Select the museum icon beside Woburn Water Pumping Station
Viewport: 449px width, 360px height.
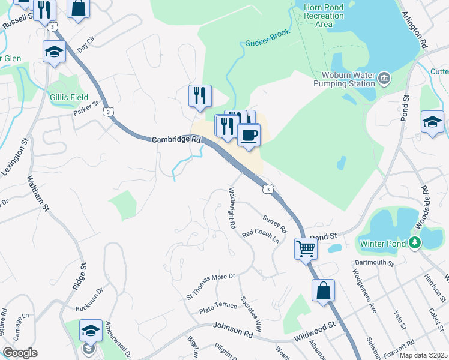(x=384, y=77)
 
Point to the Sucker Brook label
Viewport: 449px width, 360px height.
(x=268, y=37)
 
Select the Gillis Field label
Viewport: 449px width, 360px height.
(x=69, y=97)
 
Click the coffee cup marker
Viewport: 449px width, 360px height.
(x=249, y=135)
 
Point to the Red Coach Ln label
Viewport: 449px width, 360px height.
(x=261, y=237)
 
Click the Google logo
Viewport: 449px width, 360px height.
(x=20, y=353)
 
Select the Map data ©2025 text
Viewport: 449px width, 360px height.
(x=424, y=355)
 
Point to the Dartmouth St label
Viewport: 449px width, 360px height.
(x=373, y=263)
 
